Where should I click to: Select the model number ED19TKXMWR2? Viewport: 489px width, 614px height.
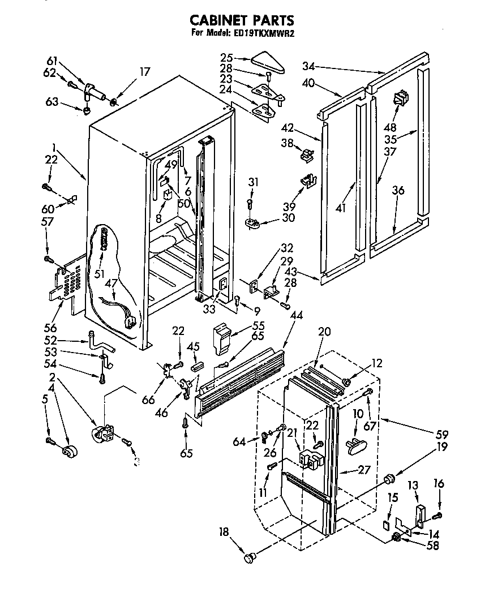tap(265, 33)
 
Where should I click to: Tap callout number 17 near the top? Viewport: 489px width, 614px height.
tap(145, 72)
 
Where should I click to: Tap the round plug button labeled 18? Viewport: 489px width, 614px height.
tap(250, 558)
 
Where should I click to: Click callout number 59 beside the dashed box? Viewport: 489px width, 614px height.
tap(441, 435)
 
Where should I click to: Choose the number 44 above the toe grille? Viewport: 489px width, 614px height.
tap(295, 331)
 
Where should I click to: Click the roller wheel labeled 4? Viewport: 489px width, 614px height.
tap(71, 451)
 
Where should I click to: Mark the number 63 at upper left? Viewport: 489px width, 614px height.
tap(52, 102)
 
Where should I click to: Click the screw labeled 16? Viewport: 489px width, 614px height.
tap(437, 514)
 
